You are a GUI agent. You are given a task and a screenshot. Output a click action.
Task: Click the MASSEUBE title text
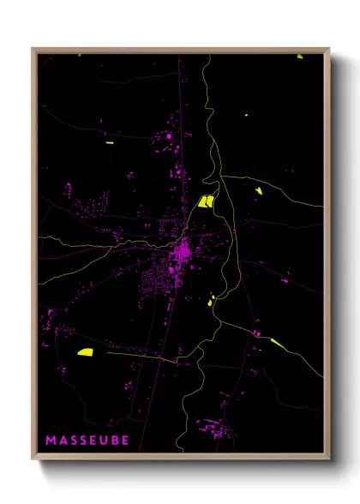(87, 441)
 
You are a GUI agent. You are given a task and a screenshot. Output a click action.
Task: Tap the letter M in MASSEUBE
(51, 441)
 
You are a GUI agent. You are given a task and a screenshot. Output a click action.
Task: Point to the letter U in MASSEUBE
(102, 441)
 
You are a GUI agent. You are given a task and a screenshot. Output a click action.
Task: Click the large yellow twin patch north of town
(207, 201)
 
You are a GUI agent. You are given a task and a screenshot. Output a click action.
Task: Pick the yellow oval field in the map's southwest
(85, 351)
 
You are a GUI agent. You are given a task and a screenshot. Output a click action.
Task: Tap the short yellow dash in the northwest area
(109, 142)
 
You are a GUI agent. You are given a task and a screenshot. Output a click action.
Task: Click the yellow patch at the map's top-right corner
(300, 57)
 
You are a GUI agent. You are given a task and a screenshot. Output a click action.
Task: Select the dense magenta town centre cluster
(181, 253)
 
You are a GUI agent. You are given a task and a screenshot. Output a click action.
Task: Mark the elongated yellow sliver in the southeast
(279, 344)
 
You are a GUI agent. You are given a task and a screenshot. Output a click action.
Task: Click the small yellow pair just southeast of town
(212, 299)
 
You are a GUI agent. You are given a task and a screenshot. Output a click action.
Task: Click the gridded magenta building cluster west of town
(96, 206)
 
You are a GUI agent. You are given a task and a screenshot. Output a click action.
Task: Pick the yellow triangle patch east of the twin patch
(258, 189)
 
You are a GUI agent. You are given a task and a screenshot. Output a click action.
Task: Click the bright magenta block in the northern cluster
(169, 136)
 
